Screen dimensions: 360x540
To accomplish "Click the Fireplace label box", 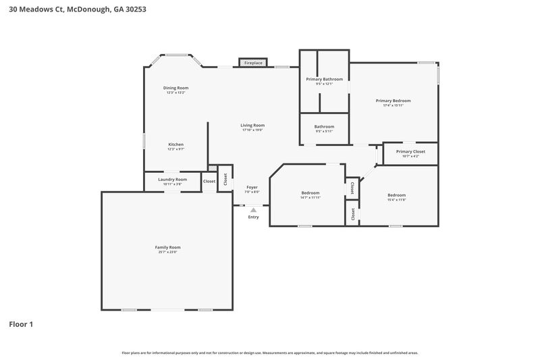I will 253,63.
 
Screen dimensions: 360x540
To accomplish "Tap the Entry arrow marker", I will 253,210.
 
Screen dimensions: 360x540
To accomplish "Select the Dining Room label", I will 175,88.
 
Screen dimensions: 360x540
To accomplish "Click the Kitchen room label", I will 175,145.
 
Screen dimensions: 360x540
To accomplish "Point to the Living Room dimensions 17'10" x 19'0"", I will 253,130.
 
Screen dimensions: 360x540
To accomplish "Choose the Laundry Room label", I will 172,180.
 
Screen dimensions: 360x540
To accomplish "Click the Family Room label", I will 167,247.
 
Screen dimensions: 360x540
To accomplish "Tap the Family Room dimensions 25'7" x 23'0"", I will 167,252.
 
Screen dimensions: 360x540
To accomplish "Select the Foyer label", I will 252,187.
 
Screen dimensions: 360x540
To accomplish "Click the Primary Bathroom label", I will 324,79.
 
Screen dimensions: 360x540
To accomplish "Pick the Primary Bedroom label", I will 393,101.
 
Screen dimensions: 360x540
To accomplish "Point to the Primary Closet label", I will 410,152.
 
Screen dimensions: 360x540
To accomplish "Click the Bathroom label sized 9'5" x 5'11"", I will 324,126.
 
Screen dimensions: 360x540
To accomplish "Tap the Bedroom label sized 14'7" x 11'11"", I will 310,193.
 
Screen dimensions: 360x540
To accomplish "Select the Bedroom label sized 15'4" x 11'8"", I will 396,195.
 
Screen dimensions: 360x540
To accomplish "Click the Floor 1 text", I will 21,324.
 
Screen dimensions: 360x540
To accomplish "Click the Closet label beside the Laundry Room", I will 209,181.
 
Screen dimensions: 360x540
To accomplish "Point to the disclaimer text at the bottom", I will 270,353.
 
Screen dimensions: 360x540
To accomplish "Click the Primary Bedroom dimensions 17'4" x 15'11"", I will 393,105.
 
